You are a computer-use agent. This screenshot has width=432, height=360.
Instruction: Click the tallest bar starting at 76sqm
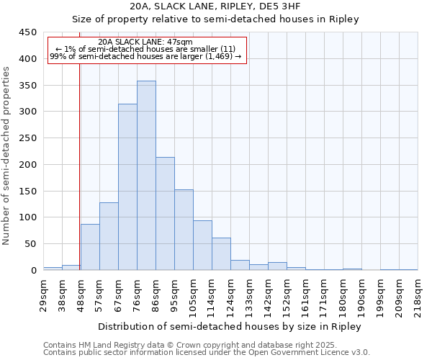[x=146, y=176]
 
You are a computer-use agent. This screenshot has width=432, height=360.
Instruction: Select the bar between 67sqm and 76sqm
[x=127, y=187]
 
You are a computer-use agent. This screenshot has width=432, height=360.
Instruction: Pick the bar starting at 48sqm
[x=90, y=247]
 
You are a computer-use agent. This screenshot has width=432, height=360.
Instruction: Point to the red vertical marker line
[x=79, y=166]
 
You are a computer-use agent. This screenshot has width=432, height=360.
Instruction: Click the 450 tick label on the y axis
[x=27, y=32]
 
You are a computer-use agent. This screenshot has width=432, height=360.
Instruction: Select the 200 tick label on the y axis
[x=27, y=165]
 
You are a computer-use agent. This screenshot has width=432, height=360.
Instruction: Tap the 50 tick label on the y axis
[x=30, y=244]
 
